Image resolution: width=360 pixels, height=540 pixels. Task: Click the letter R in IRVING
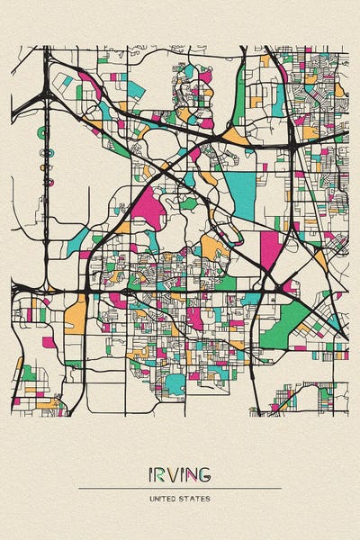click(162, 473)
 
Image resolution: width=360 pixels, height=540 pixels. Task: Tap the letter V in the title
click(175, 473)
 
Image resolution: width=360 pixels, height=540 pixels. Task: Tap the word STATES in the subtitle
click(197, 498)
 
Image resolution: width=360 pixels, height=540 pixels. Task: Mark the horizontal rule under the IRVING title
click(180, 488)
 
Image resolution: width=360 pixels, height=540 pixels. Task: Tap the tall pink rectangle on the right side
click(270, 251)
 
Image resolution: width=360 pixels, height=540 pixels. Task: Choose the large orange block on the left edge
click(76, 316)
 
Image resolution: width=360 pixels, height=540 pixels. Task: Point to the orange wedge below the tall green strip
click(236, 136)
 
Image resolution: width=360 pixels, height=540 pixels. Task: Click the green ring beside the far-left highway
click(42, 132)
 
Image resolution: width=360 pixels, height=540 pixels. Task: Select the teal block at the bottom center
click(175, 384)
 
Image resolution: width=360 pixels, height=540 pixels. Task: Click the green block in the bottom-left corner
click(29, 372)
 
